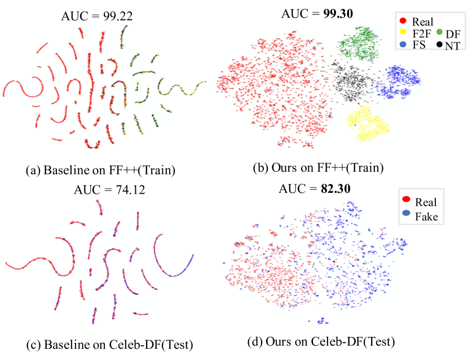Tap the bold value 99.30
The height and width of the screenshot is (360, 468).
tap(338, 15)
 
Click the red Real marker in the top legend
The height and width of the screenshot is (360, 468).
tap(403, 21)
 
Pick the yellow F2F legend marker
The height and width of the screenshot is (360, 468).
tap(403, 33)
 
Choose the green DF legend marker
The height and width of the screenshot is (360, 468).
tap(438, 33)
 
